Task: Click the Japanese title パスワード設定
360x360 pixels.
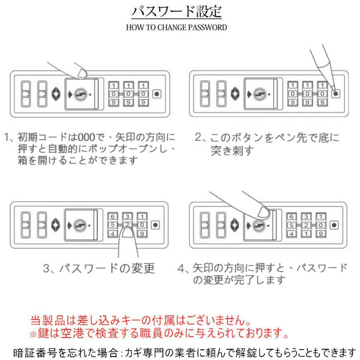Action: (176, 12)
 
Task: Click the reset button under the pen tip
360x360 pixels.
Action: (335, 94)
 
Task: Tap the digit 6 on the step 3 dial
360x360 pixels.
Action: (114, 216)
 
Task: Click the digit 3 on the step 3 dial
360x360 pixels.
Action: (128, 216)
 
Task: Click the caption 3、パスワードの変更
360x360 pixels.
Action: (98, 268)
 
